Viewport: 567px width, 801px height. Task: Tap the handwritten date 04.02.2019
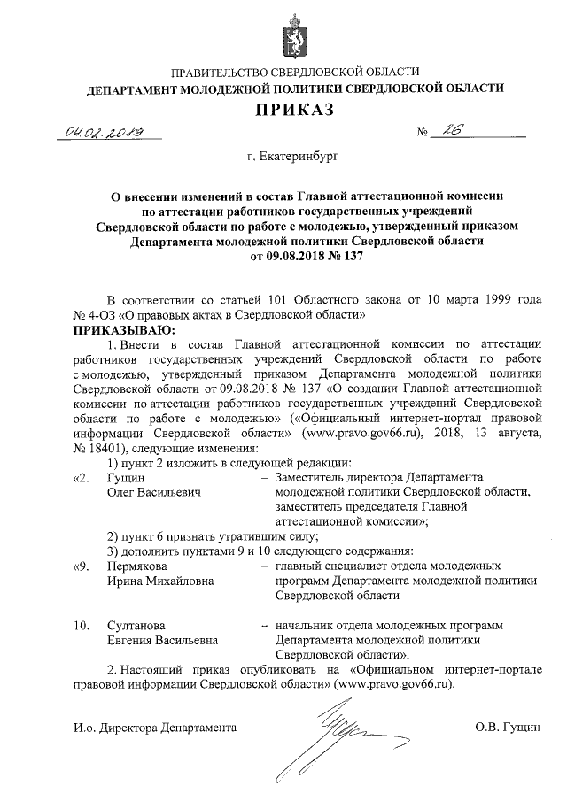point(100,132)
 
